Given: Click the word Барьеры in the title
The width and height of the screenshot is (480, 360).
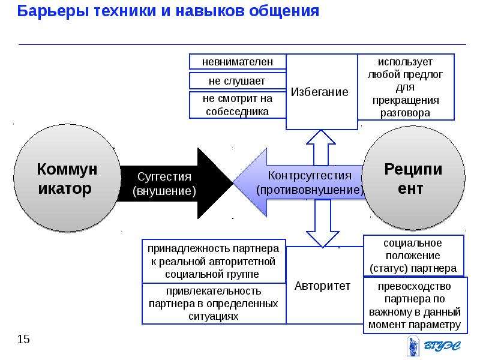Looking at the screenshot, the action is pyautogui.click(x=53, y=11).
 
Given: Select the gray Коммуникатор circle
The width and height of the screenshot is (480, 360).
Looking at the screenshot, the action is pyautogui.click(x=67, y=178).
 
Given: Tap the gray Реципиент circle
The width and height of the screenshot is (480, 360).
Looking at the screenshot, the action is pyautogui.click(x=413, y=178).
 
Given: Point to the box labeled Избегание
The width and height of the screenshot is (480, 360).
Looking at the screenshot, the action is pyautogui.click(x=322, y=92).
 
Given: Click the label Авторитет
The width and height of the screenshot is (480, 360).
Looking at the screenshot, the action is pyautogui.click(x=322, y=286).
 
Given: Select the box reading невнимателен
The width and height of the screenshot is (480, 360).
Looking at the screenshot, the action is pyautogui.click(x=238, y=62).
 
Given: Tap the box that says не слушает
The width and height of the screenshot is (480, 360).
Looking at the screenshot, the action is pyautogui.click(x=238, y=81).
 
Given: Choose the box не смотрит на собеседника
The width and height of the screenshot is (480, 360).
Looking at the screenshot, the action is pyautogui.click(x=238, y=105).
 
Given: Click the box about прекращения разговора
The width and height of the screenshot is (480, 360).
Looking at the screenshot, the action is pyautogui.click(x=406, y=87).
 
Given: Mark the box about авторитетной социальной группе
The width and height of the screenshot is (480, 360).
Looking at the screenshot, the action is pyautogui.click(x=214, y=262).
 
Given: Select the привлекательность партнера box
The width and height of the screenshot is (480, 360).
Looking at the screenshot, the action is pyautogui.click(x=214, y=304).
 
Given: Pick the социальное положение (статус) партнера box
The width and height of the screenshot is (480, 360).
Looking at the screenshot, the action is pyautogui.click(x=413, y=256).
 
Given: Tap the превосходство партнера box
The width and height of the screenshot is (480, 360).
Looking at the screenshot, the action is pyautogui.click(x=415, y=305).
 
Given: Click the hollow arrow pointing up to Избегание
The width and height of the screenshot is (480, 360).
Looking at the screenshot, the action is pyautogui.click(x=321, y=148).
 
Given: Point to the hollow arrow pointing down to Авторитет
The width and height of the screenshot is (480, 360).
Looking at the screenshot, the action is pyautogui.click(x=323, y=223).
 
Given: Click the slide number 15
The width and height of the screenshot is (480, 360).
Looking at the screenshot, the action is pyautogui.click(x=23, y=339).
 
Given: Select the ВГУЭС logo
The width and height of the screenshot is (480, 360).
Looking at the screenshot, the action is pyautogui.click(x=434, y=346).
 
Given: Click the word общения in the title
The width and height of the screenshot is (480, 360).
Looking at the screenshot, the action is pyautogui.click(x=284, y=11).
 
